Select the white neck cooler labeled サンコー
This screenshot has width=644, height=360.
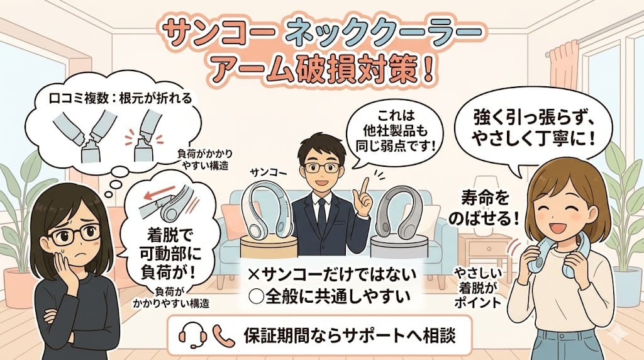pos(266,213)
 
